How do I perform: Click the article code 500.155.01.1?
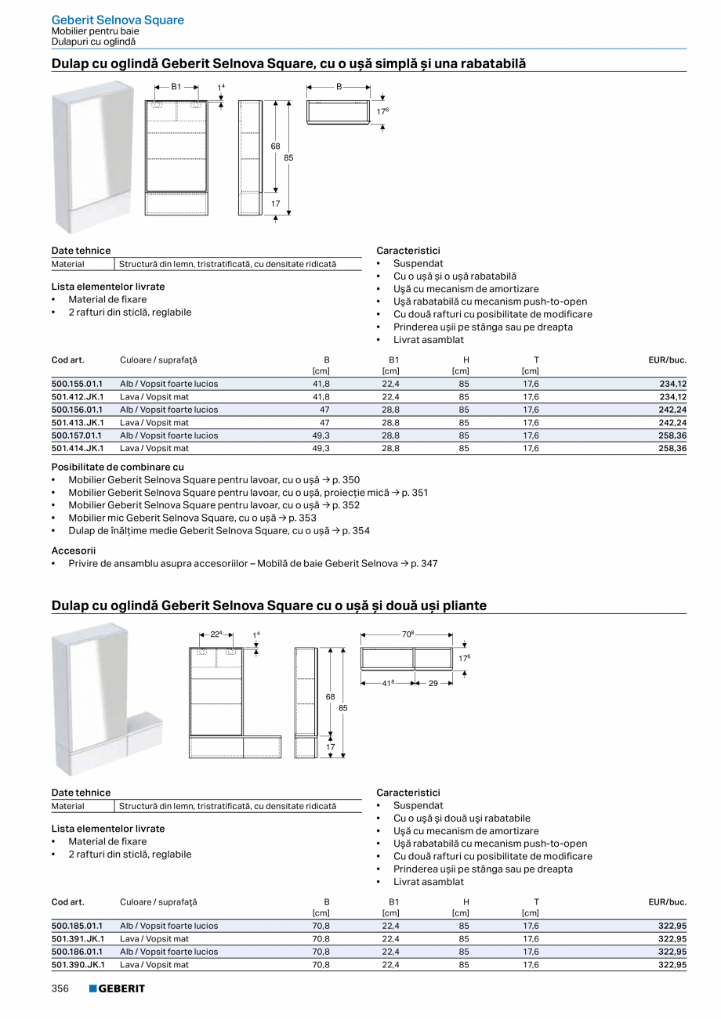pos(77,384)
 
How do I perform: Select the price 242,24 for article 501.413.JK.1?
pos(672,423)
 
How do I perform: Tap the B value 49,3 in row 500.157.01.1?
pos(321,435)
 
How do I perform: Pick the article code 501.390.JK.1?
pos(77,965)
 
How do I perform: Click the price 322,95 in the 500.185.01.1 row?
pos(672,926)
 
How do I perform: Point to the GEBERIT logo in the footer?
pos(117,988)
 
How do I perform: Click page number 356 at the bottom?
pos(60,988)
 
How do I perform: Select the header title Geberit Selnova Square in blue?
pos(118,20)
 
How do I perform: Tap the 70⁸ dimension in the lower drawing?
pos(407,634)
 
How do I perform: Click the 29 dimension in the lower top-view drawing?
pos(433,684)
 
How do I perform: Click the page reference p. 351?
pos(415,493)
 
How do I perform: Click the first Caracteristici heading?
pos(408,251)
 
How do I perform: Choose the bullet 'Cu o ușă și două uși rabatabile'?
pos(462,818)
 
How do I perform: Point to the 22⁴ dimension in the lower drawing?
pos(216,634)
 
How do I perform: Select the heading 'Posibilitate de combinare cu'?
pos(118,467)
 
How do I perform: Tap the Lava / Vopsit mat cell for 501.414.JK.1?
pos(154,449)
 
